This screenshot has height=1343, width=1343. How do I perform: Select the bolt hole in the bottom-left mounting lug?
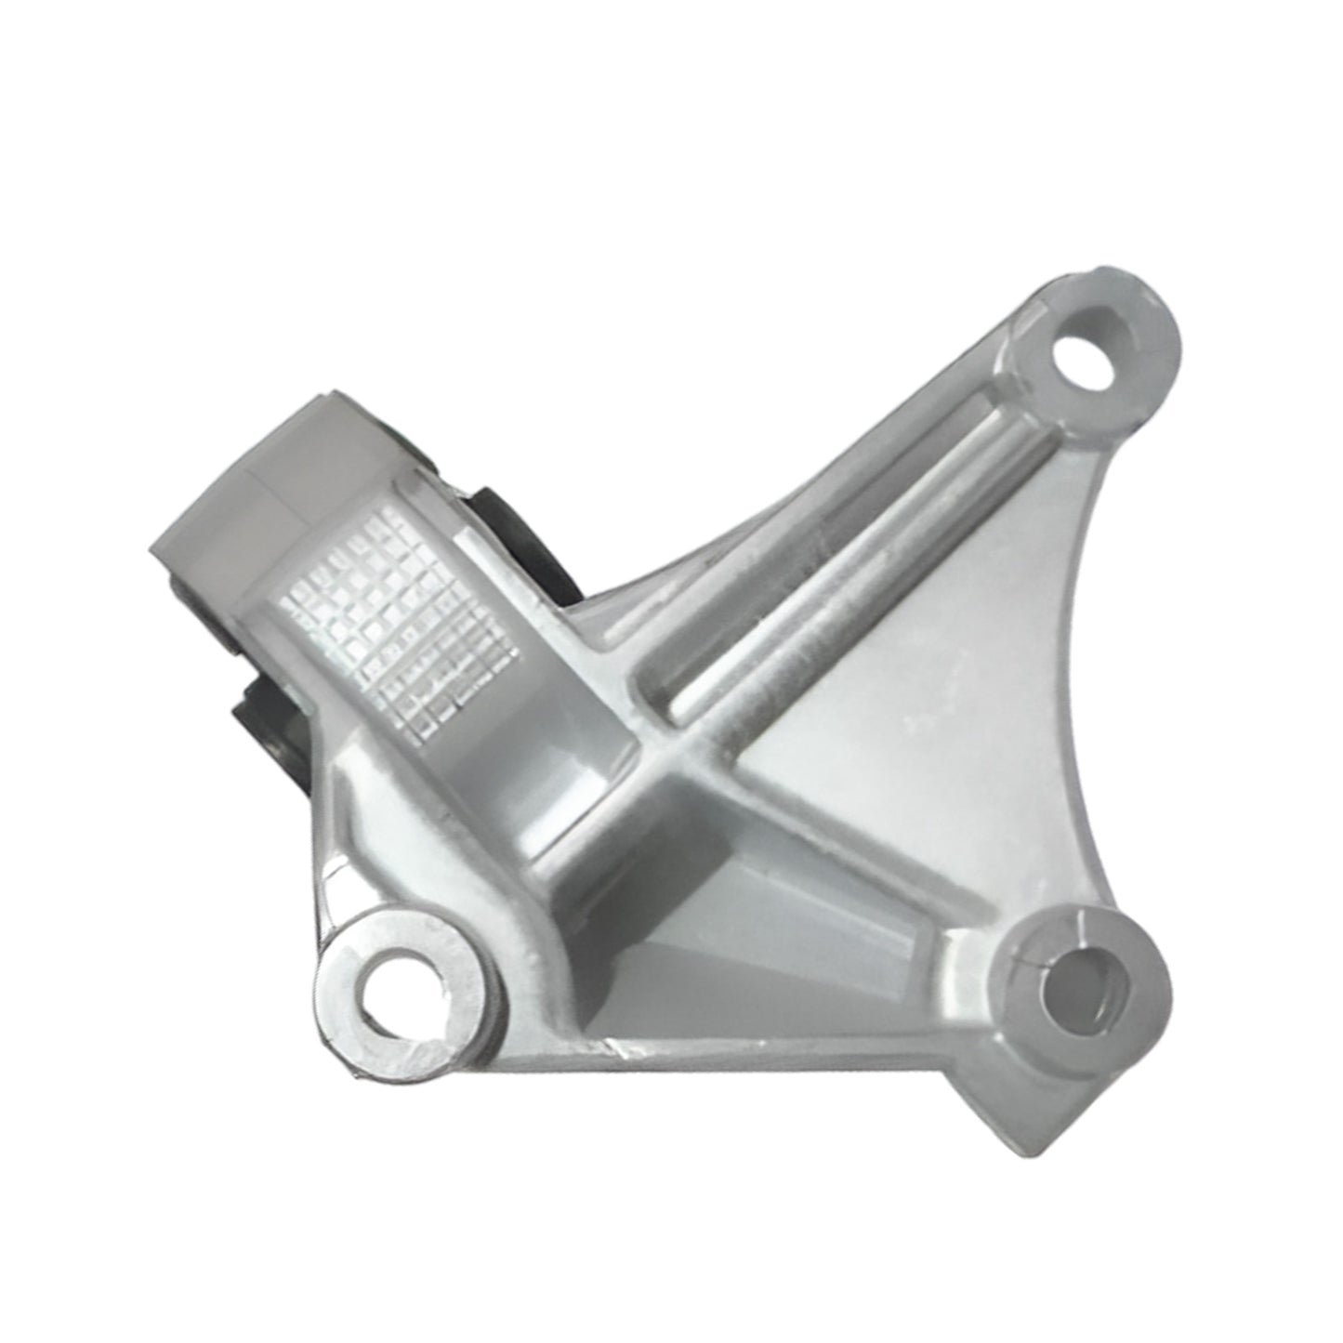[x=402, y=996]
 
